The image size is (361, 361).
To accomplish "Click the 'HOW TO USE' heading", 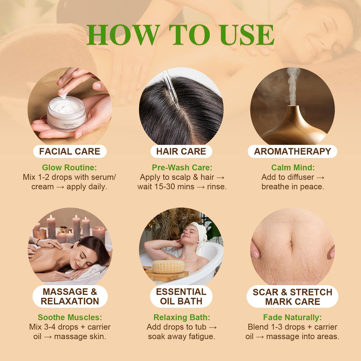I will pyautogui.click(x=180, y=35).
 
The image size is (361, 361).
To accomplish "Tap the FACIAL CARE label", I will pyautogui.click(x=70, y=151).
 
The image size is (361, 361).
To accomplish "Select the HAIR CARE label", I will pyautogui.click(x=181, y=151).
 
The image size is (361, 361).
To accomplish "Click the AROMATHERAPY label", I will pyautogui.click(x=292, y=151).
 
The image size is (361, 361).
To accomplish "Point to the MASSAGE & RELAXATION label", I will pyautogui.click(x=70, y=296).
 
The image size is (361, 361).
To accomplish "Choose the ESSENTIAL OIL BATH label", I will pyautogui.click(x=181, y=296).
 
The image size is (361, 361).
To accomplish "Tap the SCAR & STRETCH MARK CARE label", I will pyautogui.click(x=292, y=296).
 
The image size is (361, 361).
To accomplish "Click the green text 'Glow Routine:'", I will pyautogui.click(x=70, y=168).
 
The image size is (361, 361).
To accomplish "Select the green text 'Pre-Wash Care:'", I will pyautogui.click(x=182, y=168).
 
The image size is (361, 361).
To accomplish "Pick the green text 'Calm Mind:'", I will pyautogui.click(x=293, y=168).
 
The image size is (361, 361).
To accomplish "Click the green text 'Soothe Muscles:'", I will pyautogui.click(x=70, y=317).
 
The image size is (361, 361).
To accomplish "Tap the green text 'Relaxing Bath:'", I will pyautogui.click(x=182, y=317).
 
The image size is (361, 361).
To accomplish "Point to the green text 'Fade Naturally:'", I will pyautogui.click(x=292, y=317).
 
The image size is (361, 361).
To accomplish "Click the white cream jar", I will pyautogui.click(x=66, y=113).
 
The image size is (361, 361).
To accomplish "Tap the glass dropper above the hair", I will pyautogui.click(x=171, y=88).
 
